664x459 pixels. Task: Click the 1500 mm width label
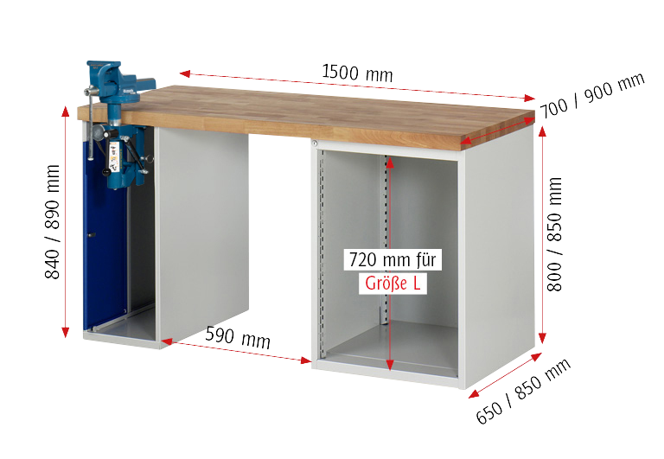pos(357,73)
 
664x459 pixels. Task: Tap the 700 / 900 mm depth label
pos(592,95)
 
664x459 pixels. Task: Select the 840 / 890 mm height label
pos(53,221)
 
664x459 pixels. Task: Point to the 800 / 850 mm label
pos(554,234)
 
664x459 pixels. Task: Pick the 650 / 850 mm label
pos(523,391)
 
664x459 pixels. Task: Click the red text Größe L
pos(393,284)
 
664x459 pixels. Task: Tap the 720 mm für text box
pos(393,259)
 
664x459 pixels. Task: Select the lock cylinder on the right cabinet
pos(315,144)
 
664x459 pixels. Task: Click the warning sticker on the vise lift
pos(114,154)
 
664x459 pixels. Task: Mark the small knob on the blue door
pos(90,234)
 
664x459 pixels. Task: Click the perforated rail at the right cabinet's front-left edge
pos(321,254)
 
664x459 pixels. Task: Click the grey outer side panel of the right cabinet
pos(499,254)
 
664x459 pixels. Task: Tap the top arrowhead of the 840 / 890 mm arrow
pos(65,112)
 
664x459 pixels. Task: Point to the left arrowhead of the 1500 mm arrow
pos(185,74)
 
